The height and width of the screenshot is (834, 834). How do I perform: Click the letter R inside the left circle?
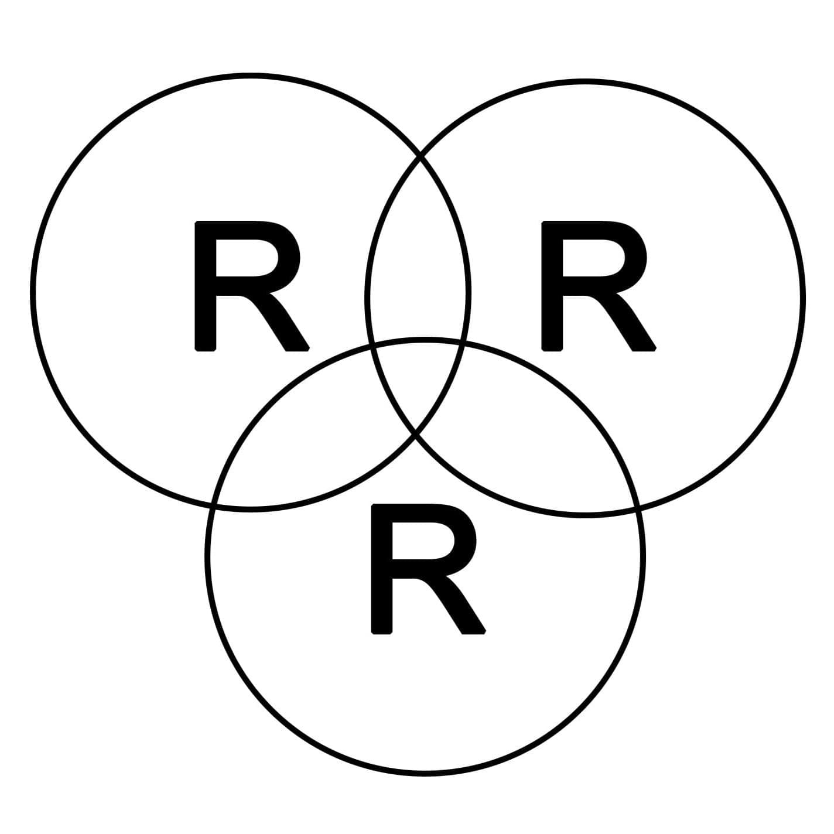click(x=251, y=286)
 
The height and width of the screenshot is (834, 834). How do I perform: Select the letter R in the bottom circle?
click(x=426, y=569)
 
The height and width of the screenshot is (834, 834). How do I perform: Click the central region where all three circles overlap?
click(x=418, y=384)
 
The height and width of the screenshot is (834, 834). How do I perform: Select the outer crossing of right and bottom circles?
click(x=638, y=508)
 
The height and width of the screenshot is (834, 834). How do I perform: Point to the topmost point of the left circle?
click(x=251, y=76)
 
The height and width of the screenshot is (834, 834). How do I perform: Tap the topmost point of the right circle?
click(x=585, y=81)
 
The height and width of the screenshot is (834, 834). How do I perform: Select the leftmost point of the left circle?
click(x=33, y=292)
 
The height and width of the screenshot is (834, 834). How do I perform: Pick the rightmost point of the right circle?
click(x=802, y=298)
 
